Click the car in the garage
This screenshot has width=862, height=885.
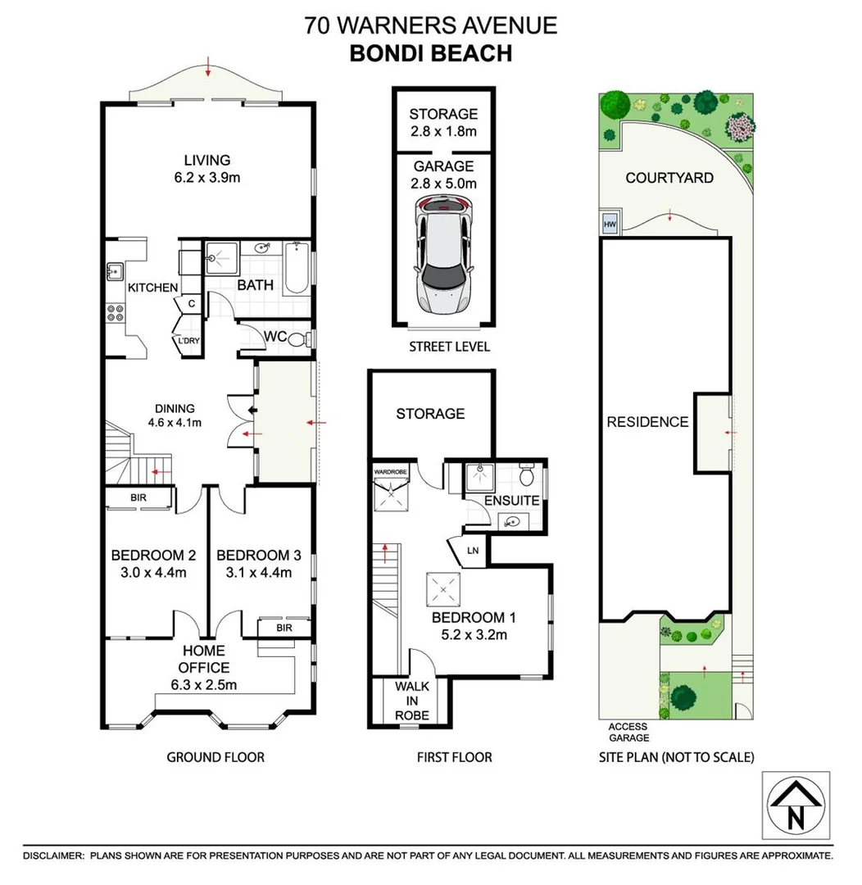pos(444,254)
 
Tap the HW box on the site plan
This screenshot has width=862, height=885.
pos(610,224)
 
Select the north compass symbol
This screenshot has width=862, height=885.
pos(796,805)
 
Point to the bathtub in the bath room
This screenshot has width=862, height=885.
pos(296,268)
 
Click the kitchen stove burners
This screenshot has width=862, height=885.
pos(116,312)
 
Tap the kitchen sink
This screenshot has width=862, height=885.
pos(116,271)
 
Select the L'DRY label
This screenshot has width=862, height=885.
pos(188,340)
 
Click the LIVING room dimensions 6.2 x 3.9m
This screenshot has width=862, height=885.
pos(207,178)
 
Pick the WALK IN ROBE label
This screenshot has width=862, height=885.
pos(412,701)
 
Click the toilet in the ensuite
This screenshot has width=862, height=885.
pos(527,475)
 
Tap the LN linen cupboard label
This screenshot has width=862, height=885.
pos(473,551)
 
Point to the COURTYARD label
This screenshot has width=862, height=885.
pos(669,178)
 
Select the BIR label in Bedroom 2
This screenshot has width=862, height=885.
pos(138,497)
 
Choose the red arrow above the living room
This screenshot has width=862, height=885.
pos(208,66)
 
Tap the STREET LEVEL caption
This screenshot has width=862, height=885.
pos(449,347)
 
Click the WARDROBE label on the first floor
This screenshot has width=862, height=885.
pos(390,472)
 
